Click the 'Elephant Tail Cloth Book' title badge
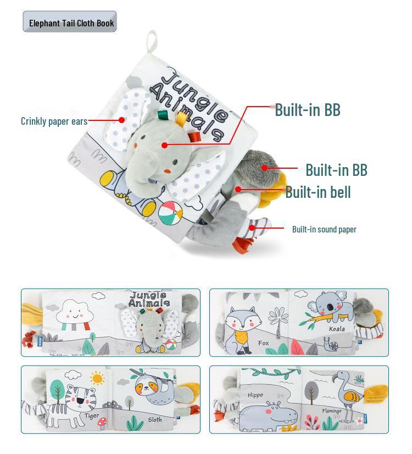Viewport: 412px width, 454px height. pos(70,23)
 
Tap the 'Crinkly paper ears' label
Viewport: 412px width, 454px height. pos(54,121)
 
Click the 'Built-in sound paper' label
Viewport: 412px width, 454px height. pos(324,229)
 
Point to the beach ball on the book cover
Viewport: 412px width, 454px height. pos(170,211)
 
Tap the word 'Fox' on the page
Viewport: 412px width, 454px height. pos(264,343)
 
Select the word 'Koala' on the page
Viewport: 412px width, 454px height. pos(337,329)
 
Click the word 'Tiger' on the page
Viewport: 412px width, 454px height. pos(92,416)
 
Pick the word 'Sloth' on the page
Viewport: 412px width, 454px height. pos(155,420)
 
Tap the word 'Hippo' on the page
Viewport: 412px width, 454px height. pos(255,395)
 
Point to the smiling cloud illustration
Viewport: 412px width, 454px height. pos(76,312)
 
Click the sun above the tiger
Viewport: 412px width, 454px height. pos(98,378)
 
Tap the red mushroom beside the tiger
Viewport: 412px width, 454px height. pos(101,423)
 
